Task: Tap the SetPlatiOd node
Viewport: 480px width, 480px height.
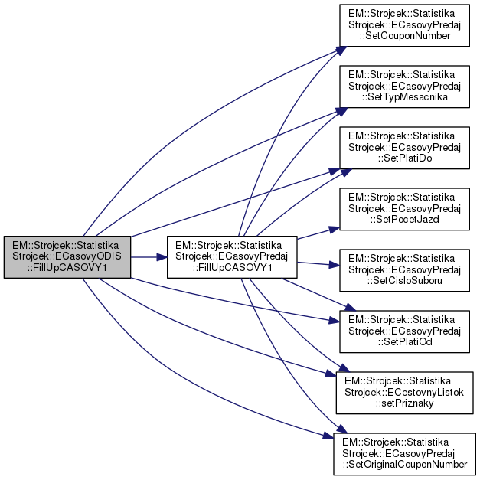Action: click(402, 331)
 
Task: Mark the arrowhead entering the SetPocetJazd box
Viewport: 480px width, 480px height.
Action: click(334, 227)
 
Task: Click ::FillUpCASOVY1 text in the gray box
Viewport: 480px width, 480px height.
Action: click(67, 267)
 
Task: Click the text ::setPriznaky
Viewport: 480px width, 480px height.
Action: click(402, 403)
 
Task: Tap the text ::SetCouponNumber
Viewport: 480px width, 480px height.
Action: click(402, 38)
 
